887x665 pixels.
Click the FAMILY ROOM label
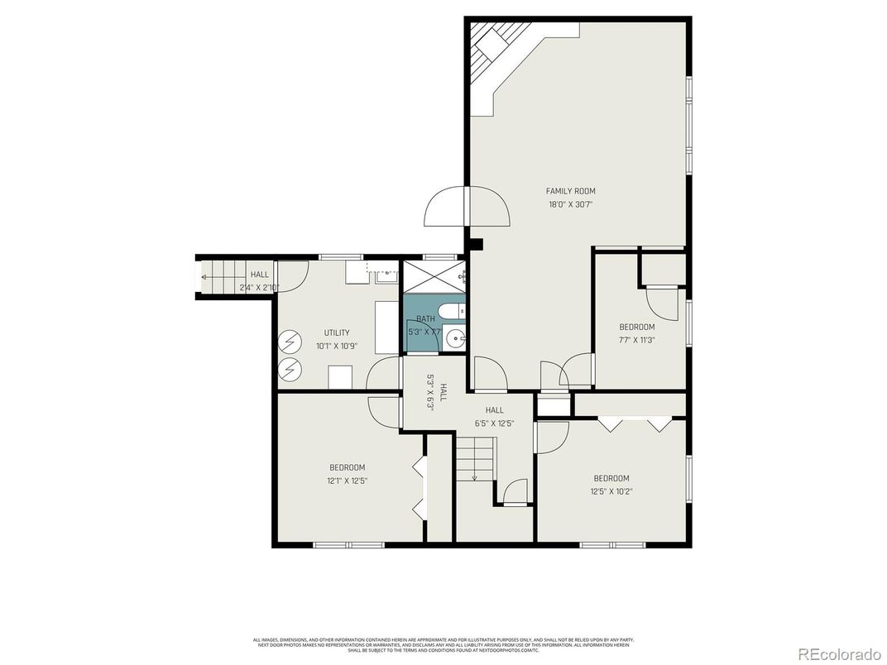(x=570, y=191)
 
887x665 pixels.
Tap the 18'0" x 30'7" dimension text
(x=570, y=204)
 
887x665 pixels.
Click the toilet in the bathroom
(x=451, y=313)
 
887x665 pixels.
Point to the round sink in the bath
(x=454, y=337)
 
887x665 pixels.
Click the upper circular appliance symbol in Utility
(x=290, y=341)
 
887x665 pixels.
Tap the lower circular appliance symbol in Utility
(x=290, y=369)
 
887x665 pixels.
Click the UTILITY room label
(x=337, y=332)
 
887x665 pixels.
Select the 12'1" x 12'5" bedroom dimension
(x=347, y=480)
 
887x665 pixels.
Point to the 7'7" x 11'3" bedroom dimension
(x=637, y=339)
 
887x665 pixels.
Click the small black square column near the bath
(x=475, y=244)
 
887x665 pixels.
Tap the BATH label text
(x=425, y=318)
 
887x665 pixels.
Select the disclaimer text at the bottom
(x=443, y=644)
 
